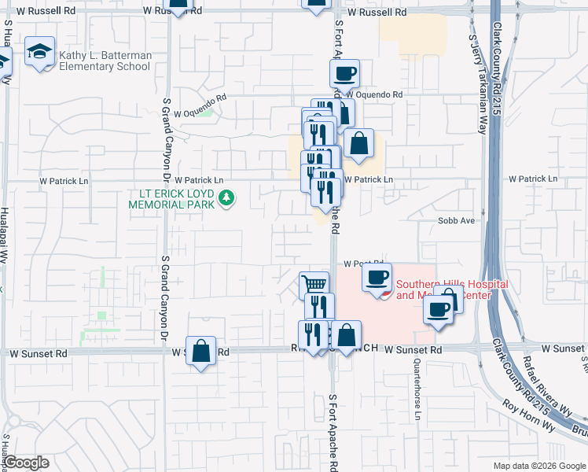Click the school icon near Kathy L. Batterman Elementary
pos(39,52)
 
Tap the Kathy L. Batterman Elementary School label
pos(104,61)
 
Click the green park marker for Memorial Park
pos(227,197)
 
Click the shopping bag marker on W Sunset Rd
pos(201,352)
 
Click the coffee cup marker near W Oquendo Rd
pos(344,75)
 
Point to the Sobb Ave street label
pos(457,221)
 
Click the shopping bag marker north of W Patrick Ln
pos(358,145)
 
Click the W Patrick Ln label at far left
pos(64,180)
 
